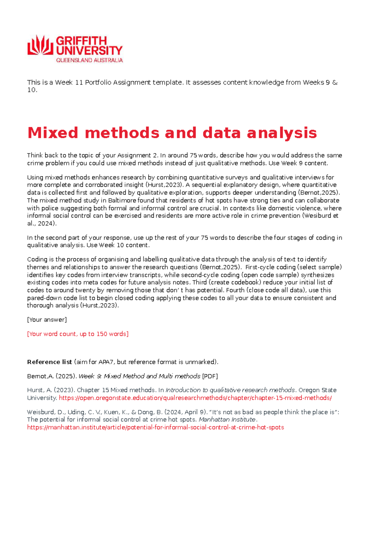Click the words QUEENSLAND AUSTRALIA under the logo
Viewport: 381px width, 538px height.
89,60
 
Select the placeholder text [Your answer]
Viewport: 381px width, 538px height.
47,320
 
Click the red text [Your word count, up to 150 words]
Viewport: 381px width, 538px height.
78,334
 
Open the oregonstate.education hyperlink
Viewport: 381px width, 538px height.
195,398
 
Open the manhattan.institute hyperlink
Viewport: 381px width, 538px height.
156,427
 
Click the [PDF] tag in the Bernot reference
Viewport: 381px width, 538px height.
210,376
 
